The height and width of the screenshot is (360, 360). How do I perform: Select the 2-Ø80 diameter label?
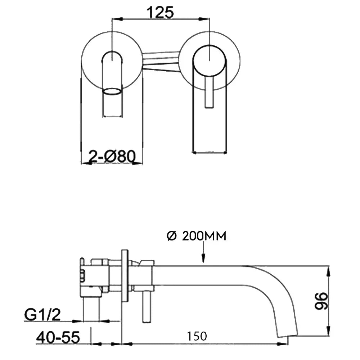[112, 156]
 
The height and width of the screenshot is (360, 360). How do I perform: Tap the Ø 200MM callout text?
[196, 236]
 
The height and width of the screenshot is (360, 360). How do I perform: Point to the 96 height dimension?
[321, 301]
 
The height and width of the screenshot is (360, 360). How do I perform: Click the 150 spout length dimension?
[197, 336]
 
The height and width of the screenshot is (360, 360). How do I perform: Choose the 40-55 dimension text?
[58, 337]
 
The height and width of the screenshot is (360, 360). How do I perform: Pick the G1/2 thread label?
[42, 315]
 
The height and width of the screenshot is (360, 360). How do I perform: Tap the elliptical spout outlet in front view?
[112, 91]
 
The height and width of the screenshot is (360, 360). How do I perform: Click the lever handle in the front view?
[210, 92]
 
